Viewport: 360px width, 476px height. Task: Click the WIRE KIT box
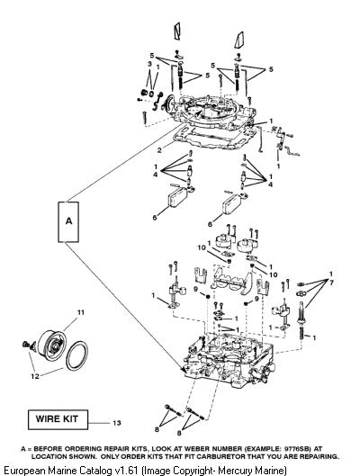coord(58,419)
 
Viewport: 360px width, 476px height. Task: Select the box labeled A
coord(68,222)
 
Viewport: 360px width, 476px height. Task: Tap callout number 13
coord(117,423)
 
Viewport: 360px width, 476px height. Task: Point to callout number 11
coord(80,312)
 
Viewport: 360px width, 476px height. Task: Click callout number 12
coord(35,376)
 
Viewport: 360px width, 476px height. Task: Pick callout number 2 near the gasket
coord(160,149)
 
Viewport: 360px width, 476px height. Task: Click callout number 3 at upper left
coord(149,64)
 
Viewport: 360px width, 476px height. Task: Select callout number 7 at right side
coord(331,283)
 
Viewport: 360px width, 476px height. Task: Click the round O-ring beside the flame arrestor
coord(76,355)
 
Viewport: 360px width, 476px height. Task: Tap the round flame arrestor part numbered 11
coord(52,343)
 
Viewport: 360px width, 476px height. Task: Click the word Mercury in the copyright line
coord(233,471)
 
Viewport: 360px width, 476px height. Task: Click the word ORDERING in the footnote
coord(84,449)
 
